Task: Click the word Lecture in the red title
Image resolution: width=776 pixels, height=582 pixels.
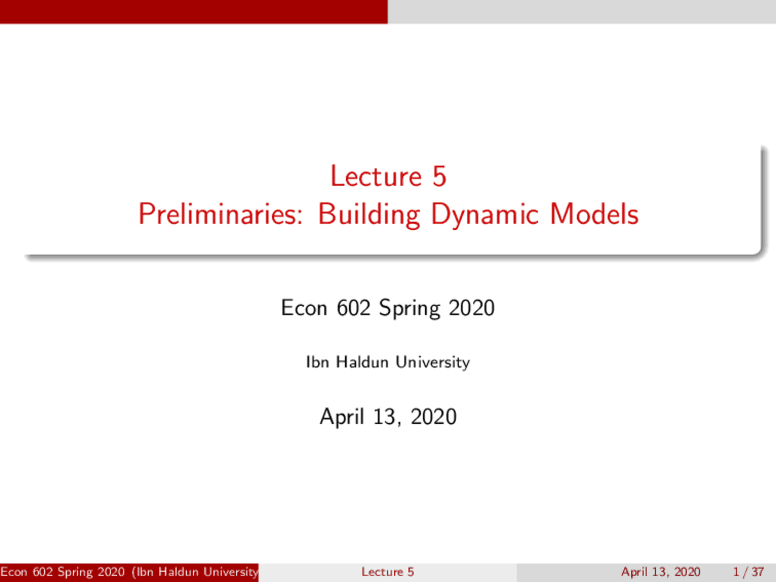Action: pos(376,176)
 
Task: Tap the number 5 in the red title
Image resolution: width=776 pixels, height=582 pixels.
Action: pos(440,176)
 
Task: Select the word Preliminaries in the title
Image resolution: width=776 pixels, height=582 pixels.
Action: pos(220,214)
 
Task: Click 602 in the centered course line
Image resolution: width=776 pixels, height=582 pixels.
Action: pos(353,307)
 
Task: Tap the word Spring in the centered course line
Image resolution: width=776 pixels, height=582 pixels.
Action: pos(409,309)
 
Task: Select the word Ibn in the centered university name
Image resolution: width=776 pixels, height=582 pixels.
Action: pos(317,362)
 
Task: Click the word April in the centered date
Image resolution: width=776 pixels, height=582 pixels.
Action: pos(342,417)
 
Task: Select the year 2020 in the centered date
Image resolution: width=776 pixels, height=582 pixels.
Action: pos(433,416)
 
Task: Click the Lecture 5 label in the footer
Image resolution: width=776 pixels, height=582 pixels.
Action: pos(387,572)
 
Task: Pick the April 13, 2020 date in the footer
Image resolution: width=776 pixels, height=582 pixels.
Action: pos(661,572)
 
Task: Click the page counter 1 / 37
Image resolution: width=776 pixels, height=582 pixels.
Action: pos(748,572)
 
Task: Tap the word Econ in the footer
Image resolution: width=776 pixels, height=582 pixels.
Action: pos(14,572)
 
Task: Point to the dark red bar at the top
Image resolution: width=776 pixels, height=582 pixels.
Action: pos(194,12)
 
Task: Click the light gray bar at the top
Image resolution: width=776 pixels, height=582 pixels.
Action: pos(582,12)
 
